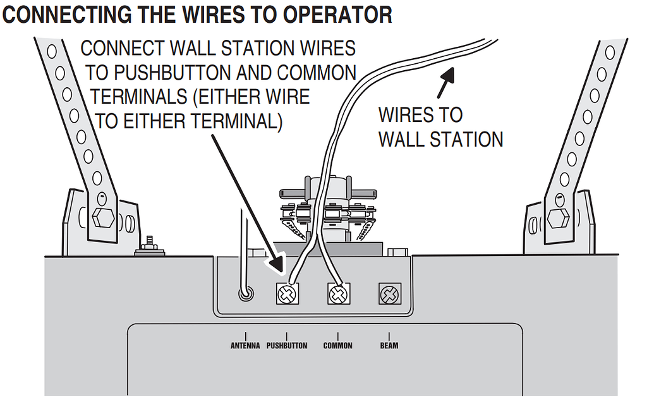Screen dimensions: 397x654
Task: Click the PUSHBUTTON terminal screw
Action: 287,293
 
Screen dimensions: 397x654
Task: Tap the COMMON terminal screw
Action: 338,293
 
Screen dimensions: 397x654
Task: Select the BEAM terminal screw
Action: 388,294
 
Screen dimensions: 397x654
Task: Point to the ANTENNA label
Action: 245,346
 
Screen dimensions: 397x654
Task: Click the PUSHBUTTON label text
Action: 286,346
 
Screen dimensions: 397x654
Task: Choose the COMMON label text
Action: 337,346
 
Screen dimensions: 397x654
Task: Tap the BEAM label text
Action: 389,346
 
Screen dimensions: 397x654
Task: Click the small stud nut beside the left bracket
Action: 150,247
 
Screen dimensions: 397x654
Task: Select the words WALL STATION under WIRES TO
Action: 440,139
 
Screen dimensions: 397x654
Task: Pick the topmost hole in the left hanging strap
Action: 52,50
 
